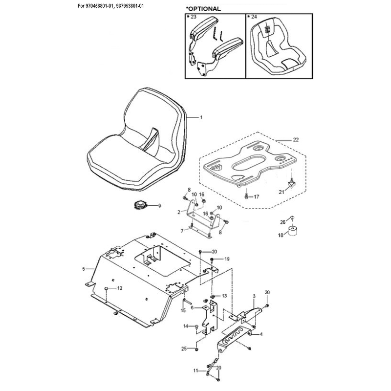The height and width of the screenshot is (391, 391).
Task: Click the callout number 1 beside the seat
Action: click(x=201, y=117)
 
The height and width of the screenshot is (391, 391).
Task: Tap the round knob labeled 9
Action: click(x=140, y=206)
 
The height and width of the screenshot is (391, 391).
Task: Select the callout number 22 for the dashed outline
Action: click(x=296, y=140)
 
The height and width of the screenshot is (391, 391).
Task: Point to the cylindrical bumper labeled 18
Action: click(x=292, y=230)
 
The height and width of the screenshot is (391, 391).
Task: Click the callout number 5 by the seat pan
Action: click(x=84, y=269)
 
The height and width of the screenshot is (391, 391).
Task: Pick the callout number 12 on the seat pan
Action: click(x=120, y=288)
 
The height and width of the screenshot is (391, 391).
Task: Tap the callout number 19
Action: click(x=227, y=260)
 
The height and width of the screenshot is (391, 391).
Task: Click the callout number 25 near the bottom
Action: click(x=184, y=349)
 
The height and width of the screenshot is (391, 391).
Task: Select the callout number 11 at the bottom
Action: click(x=196, y=371)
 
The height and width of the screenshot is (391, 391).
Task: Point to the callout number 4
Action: click(x=261, y=334)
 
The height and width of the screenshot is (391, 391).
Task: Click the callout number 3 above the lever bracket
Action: click(x=254, y=296)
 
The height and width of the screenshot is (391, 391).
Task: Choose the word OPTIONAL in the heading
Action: click(x=204, y=9)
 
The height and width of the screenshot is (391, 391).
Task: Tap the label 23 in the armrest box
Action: click(x=193, y=17)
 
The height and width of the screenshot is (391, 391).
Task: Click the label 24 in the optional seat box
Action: click(x=254, y=17)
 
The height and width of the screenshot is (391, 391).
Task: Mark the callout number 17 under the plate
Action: click(x=256, y=197)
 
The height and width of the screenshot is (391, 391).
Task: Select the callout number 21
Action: click(x=282, y=192)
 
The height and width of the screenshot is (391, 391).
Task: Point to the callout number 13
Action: click(x=224, y=296)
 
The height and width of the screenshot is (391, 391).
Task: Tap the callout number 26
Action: click(x=282, y=222)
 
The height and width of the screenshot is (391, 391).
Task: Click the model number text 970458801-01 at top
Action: click(x=97, y=6)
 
